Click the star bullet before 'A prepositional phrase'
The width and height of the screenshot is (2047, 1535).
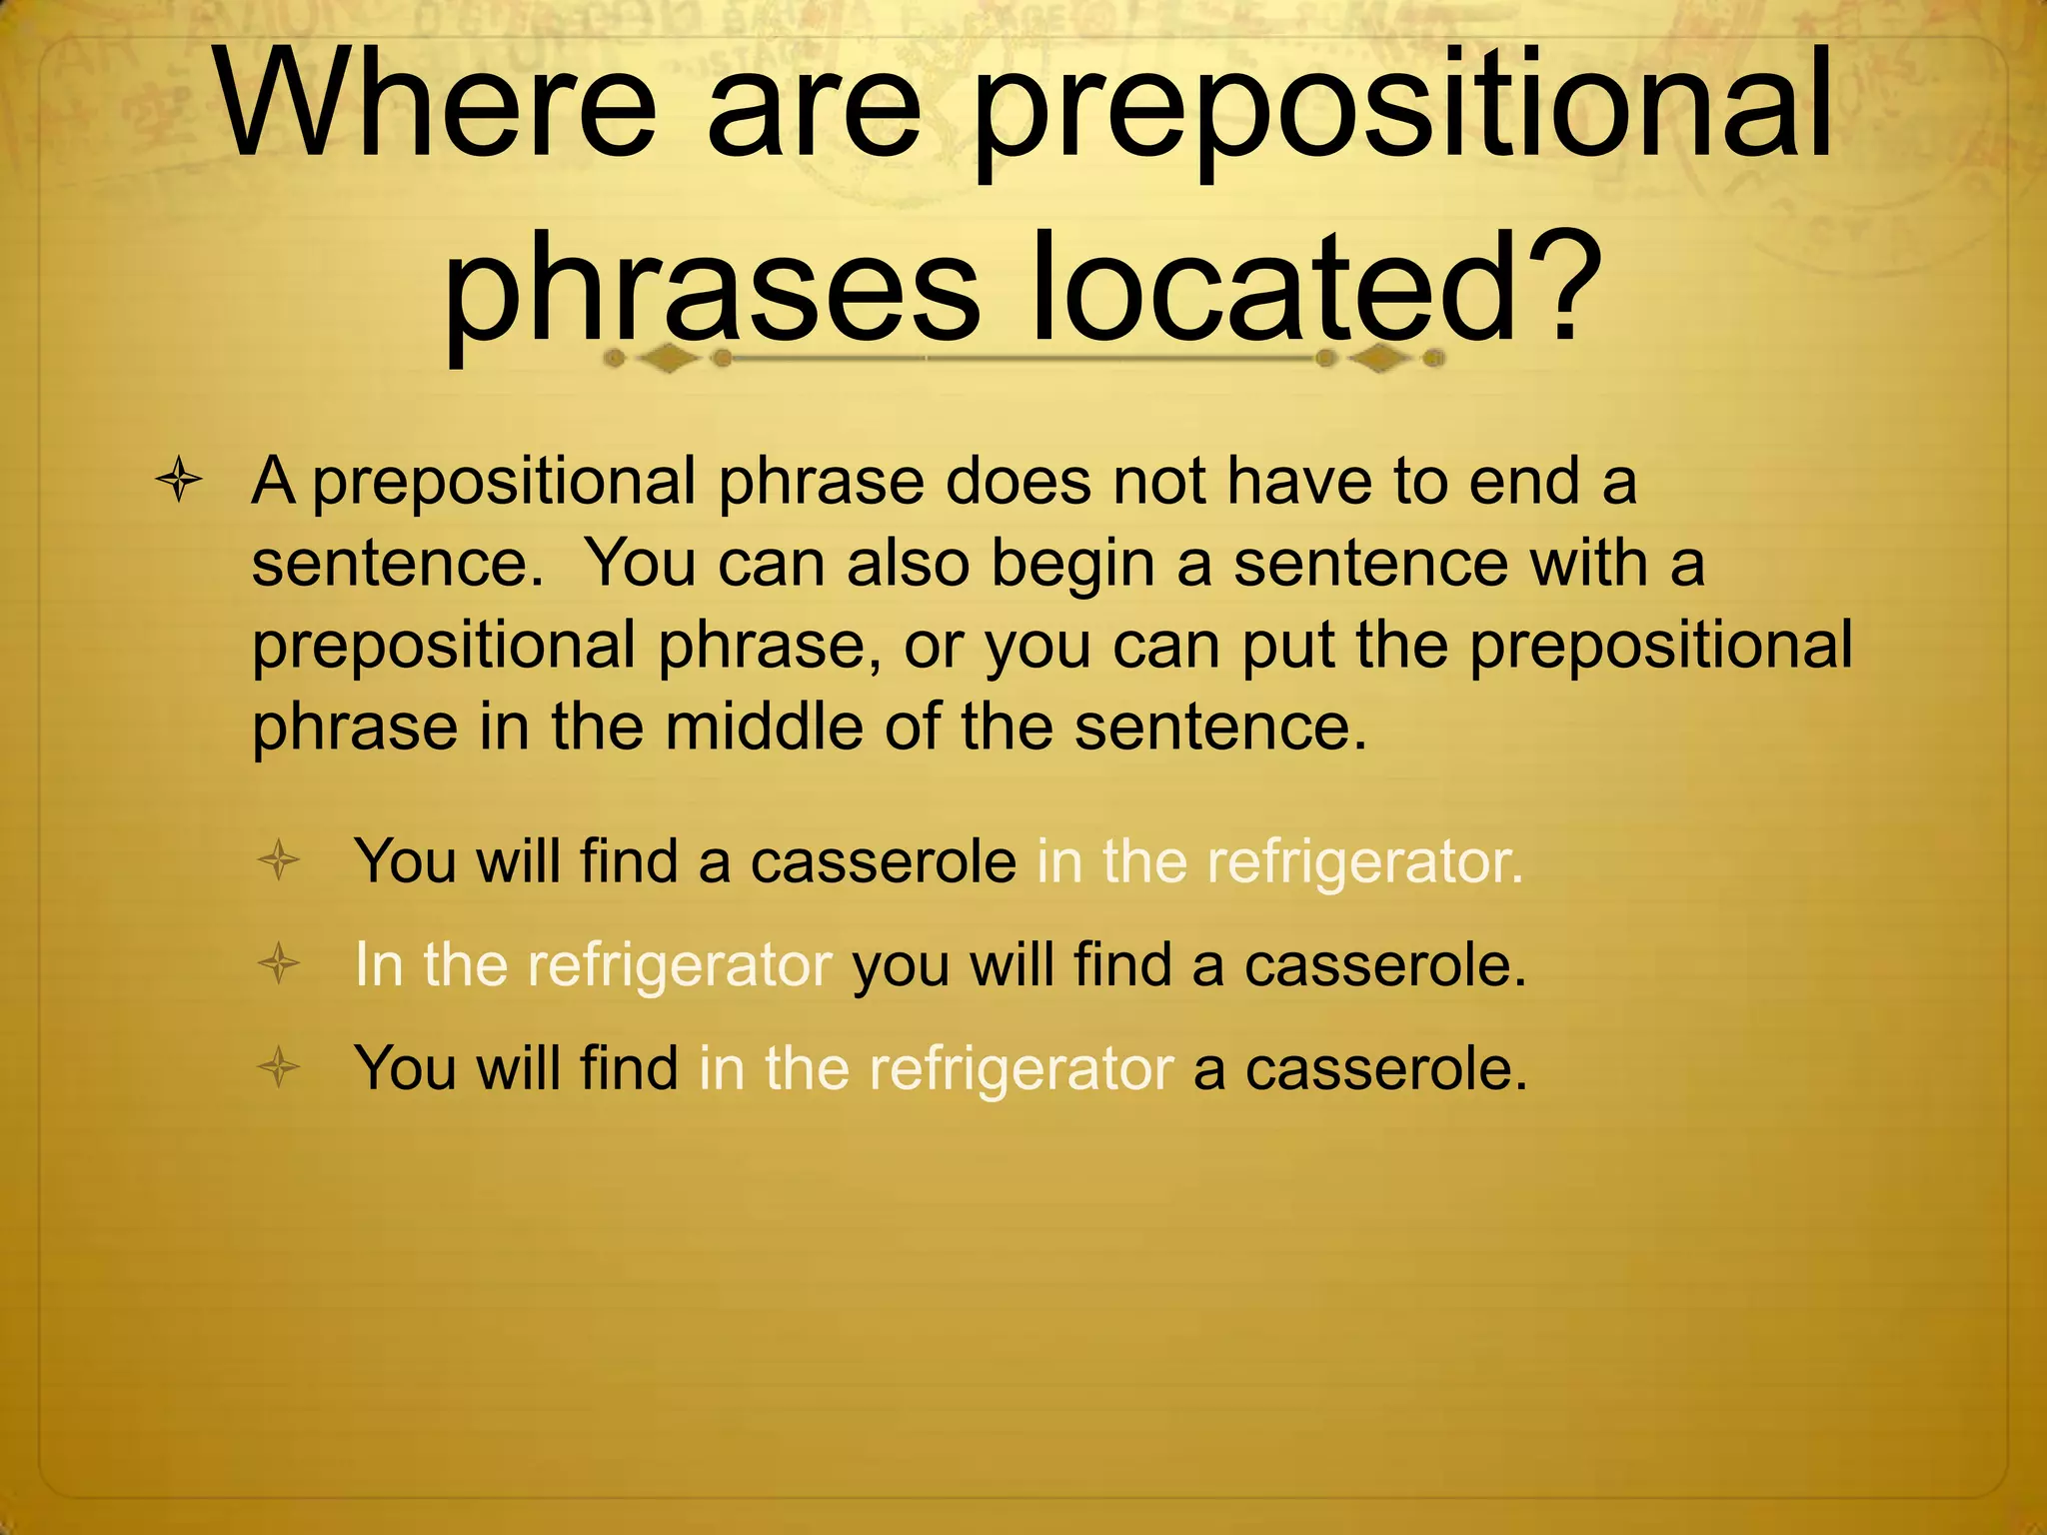[179, 482]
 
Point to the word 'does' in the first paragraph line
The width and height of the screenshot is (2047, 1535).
[1017, 482]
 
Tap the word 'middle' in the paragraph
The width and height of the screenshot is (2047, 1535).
[764, 727]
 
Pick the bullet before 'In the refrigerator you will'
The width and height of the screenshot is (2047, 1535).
[279, 964]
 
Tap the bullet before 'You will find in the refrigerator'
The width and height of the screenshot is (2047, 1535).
[279, 1067]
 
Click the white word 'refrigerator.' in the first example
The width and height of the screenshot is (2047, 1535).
[1364, 861]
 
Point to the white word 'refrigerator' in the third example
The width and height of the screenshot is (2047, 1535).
[1021, 1068]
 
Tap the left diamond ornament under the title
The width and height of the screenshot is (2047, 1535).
[668, 358]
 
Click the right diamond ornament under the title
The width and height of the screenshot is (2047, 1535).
[1380, 358]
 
